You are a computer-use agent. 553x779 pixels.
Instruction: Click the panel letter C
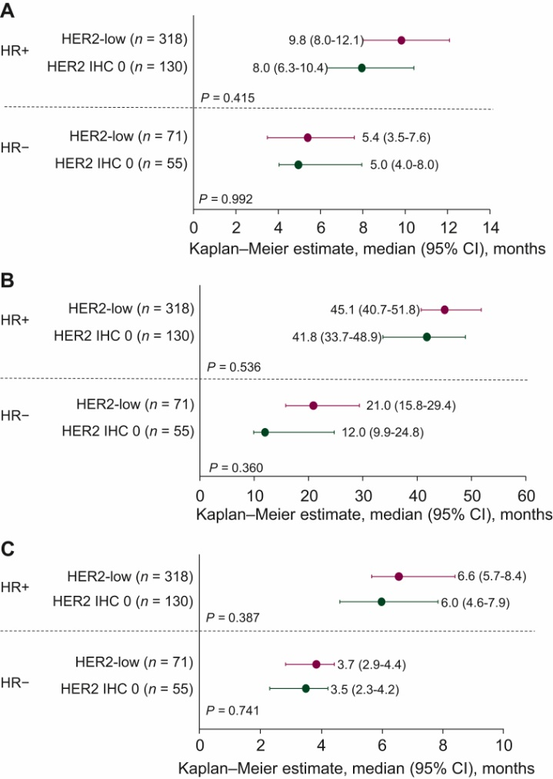[x=8, y=551]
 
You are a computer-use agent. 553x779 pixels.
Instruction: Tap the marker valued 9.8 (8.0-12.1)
[x=401, y=40]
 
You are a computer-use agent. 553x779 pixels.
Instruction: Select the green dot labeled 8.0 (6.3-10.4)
[x=361, y=68]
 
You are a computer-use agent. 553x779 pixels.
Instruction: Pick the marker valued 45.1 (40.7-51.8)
[x=445, y=309]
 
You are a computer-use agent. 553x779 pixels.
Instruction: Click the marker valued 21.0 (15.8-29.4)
[x=313, y=405]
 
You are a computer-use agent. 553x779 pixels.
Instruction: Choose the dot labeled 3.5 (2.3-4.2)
[x=305, y=688]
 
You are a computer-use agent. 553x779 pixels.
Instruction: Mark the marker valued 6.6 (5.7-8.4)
[x=398, y=576]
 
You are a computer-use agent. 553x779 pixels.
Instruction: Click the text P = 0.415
[x=228, y=98]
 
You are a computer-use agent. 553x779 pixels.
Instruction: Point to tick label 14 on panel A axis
[x=490, y=228]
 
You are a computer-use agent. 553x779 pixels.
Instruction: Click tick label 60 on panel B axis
[x=525, y=493]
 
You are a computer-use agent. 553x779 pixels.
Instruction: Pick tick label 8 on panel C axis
[x=442, y=747]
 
